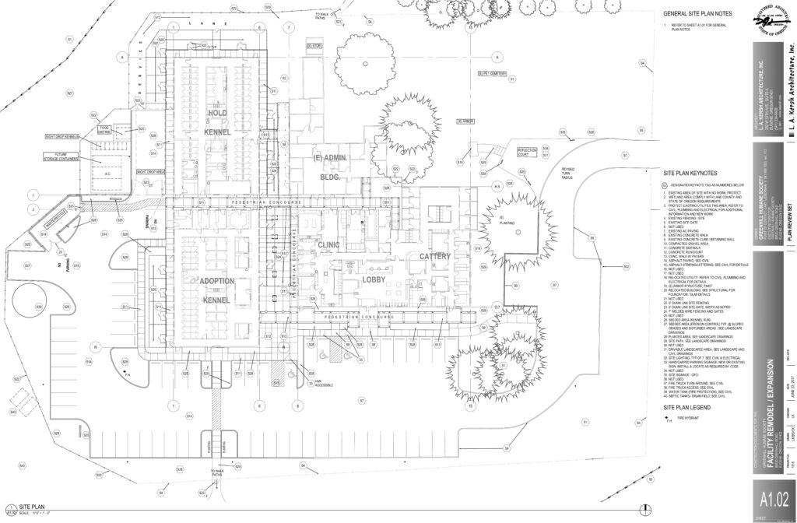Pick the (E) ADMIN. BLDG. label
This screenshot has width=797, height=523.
point(328,167)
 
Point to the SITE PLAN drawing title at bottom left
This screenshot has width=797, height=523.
point(34,506)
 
